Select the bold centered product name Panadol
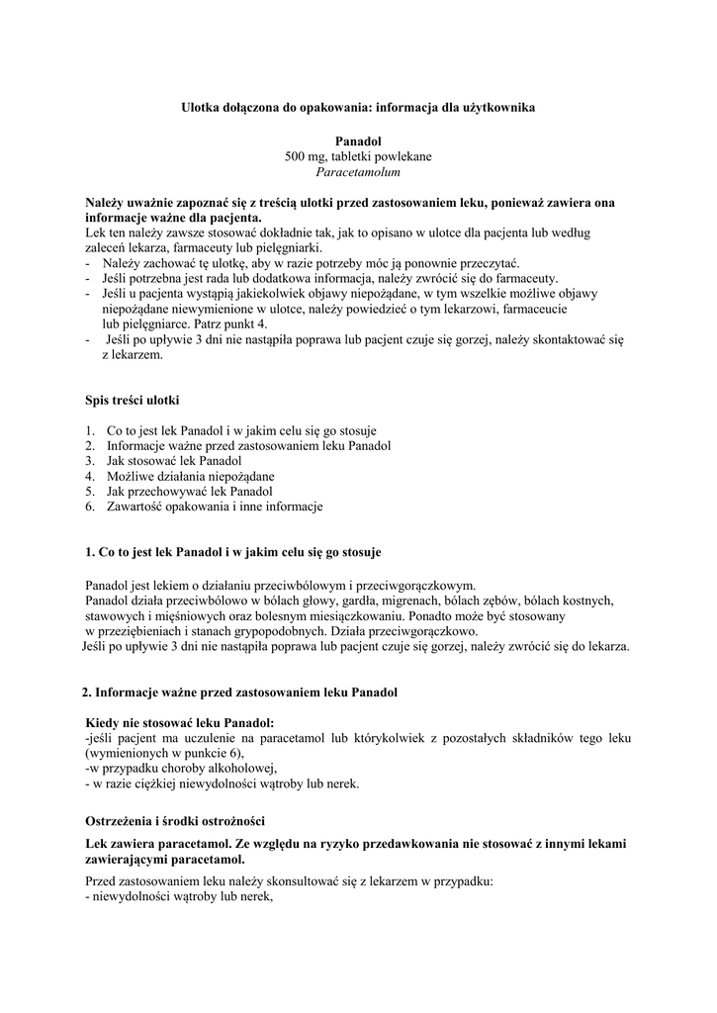pyautogui.click(x=358, y=142)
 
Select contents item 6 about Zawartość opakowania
pyautogui.click(x=215, y=506)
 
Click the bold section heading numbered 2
pyautogui.click(x=239, y=691)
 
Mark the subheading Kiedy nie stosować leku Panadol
pyautogui.click(x=180, y=722)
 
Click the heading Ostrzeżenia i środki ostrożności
pyautogui.click(x=175, y=821)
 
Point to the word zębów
pyautogui.click(x=514, y=599)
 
